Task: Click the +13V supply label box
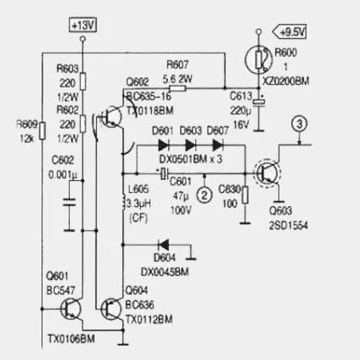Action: pos(83,25)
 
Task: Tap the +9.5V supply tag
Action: pos(290,31)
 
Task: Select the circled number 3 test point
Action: pos(300,124)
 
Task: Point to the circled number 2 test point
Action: pos(205,194)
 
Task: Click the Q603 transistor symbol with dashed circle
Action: pos(267,172)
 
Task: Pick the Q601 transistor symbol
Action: pos(70,309)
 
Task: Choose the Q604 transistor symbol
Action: pos(111,309)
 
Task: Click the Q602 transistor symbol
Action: pos(111,116)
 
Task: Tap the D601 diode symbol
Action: pos(164,145)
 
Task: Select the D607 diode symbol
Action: pos(217,145)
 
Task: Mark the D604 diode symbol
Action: pos(164,245)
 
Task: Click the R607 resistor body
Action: pos(177,88)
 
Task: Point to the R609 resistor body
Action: pos(42,131)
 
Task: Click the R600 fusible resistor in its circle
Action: pos(259,59)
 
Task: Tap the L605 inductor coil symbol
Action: pos(123,203)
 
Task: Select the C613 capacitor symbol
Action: pos(259,103)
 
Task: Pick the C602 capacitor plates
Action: pos(70,202)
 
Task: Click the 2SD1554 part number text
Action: pos(289,226)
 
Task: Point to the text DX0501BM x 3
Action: pos(191,160)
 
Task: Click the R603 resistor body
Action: pos(83,82)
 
